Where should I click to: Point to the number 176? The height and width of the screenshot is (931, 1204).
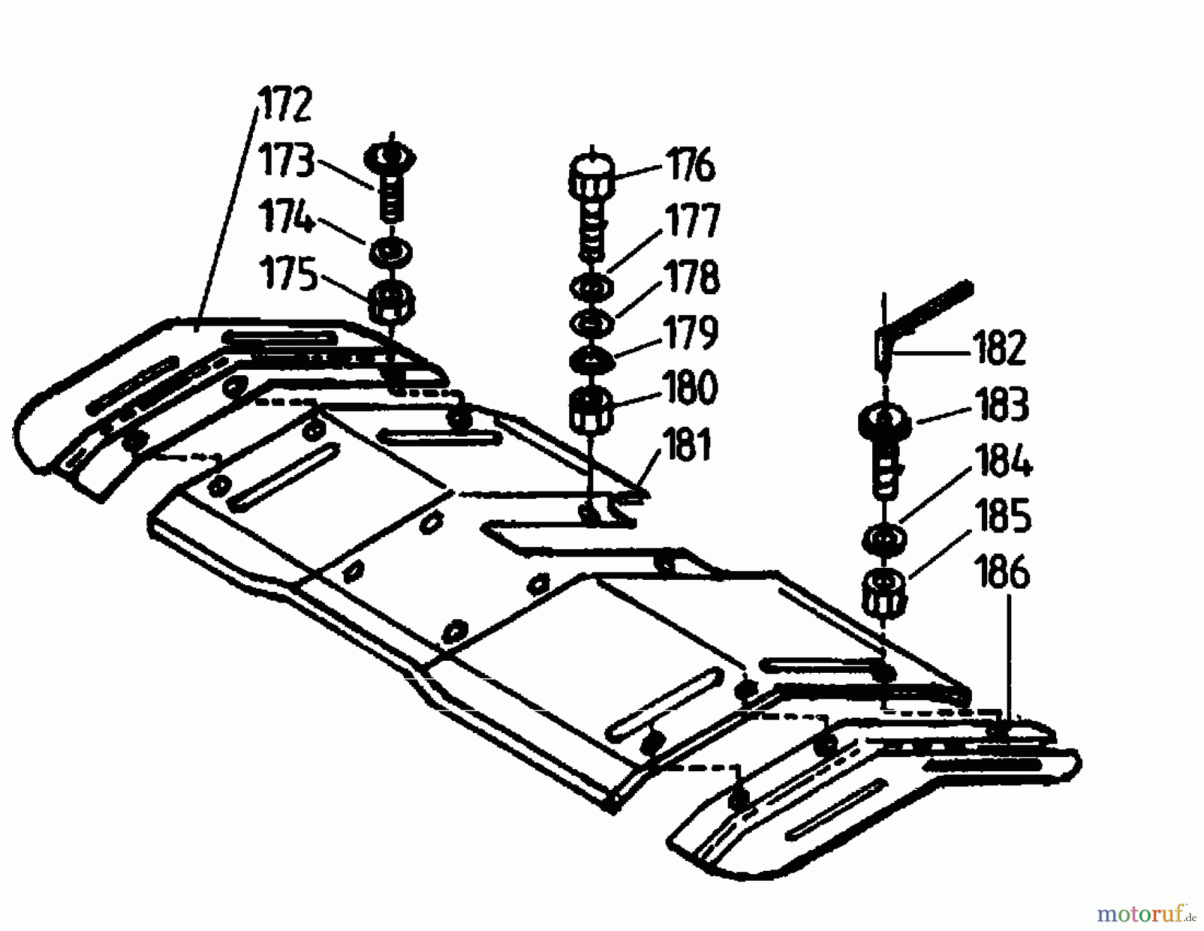click(x=690, y=165)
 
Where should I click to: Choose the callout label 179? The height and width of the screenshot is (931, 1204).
click(x=691, y=332)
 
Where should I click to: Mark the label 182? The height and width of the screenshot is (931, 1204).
click(x=1000, y=348)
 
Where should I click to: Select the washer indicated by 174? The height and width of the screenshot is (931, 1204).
click(x=391, y=252)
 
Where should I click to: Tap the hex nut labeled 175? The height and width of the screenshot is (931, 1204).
click(x=392, y=302)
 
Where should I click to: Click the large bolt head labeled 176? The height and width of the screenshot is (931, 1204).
click(x=592, y=175)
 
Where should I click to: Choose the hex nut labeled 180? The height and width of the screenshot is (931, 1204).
click(x=591, y=408)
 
